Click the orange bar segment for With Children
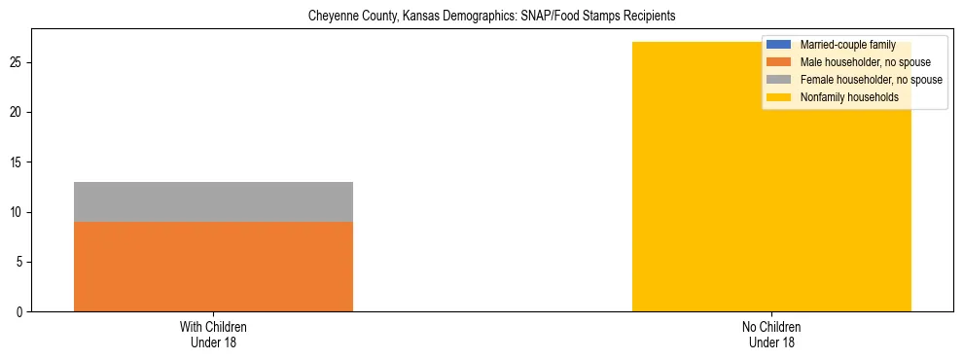(x=213, y=267)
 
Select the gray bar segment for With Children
(x=213, y=201)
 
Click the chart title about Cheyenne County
(x=490, y=17)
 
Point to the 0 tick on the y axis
(x=21, y=312)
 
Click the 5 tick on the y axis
(x=21, y=263)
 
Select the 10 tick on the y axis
(x=18, y=212)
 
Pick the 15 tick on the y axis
(x=18, y=162)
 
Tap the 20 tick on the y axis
(x=18, y=113)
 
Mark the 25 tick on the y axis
(x=18, y=62)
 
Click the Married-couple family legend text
(x=847, y=45)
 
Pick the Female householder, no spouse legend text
(x=871, y=80)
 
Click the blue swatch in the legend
(x=779, y=45)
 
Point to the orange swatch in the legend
(x=779, y=62)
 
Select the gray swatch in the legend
(x=779, y=80)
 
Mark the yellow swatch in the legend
(x=779, y=97)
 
